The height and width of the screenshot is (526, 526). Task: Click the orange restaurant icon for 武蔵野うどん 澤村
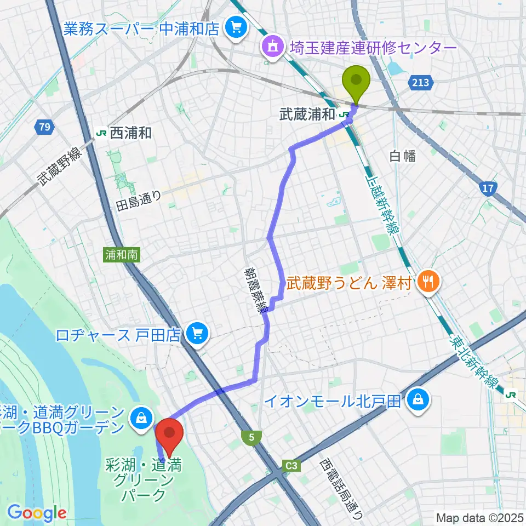pos(426,282)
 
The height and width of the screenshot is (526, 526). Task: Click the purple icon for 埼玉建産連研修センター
pos(271,48)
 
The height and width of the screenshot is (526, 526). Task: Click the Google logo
pos(36,512)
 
